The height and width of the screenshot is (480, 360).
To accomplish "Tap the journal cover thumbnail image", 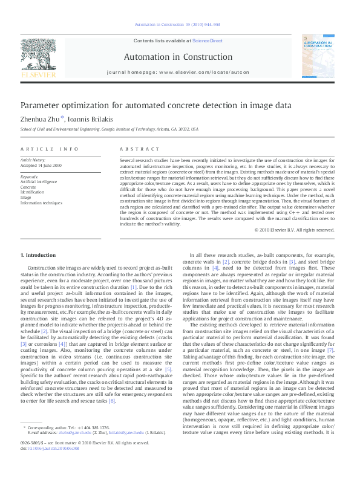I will pos(318,57).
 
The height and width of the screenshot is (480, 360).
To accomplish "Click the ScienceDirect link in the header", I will pos(208,41).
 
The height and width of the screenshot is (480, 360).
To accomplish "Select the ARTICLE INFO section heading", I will pos(50,149).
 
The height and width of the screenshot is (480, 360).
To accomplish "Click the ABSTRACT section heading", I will pos(135,149).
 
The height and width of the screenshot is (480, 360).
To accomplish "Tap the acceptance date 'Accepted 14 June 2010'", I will pos(42,165).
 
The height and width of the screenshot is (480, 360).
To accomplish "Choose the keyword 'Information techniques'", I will pos(41,203).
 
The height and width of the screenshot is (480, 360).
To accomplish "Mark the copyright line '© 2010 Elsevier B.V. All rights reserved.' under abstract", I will pos(294,247).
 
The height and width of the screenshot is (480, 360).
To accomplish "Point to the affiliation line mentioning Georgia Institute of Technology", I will pos(110,129).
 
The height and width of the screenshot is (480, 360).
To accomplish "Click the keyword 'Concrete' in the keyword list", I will pos(28,187).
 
